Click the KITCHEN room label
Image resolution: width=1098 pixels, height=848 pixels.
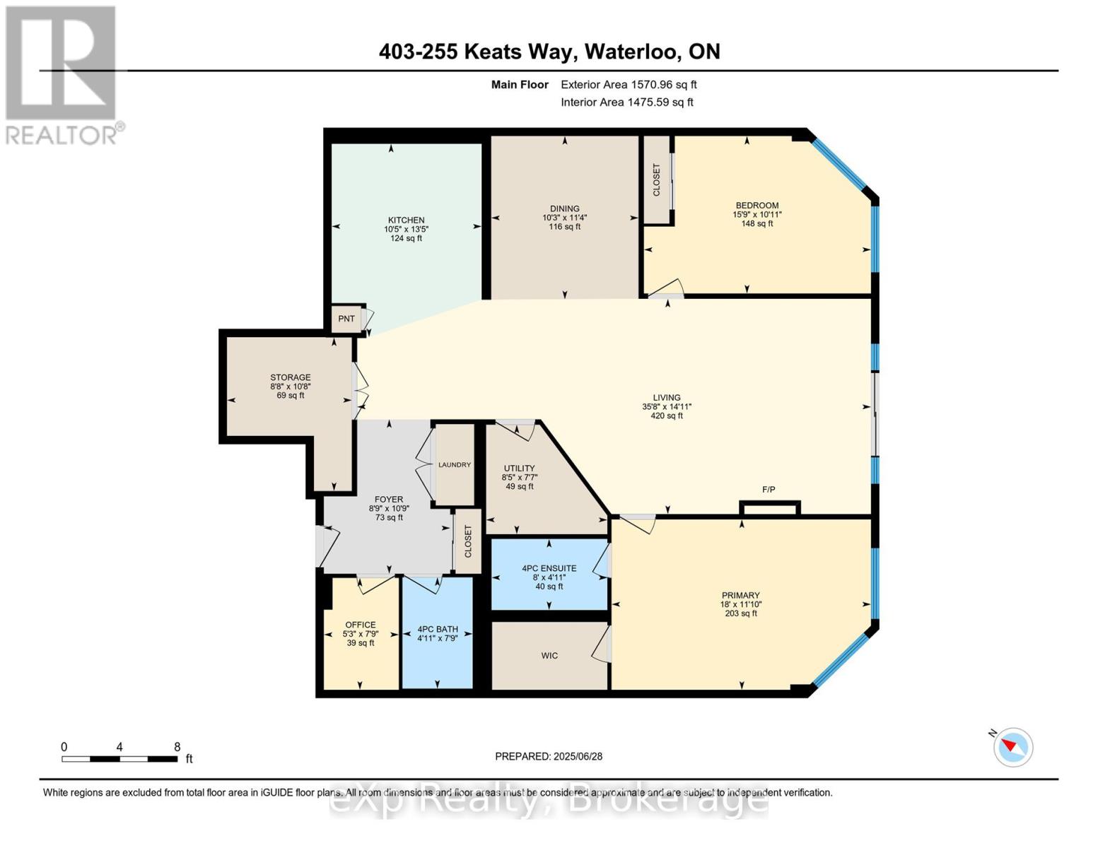tap(406, 220)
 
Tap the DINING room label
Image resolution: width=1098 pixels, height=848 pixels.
tap(564, 208)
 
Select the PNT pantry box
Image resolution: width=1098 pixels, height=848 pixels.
tap(346, 319)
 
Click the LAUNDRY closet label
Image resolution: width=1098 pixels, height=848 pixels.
tap(454, 464)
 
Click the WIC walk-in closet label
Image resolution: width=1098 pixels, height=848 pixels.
tap(549, 656)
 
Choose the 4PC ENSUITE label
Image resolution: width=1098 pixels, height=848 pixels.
tap(549, 568)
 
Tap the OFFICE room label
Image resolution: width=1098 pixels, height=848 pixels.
tap(360, 625)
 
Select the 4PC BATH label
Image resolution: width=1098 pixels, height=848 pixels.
tap(438, 629)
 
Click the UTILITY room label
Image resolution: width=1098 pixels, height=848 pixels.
tap(519, 468)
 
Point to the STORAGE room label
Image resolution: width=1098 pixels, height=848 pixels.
tap(290, 377)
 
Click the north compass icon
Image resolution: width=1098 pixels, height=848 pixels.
tap(1012, 747)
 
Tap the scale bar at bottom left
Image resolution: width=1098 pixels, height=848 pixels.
tap(119, 759)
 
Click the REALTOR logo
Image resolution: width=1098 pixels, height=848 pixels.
tap(62, 74)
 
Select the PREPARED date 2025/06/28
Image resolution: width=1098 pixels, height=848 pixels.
tap(549, 756)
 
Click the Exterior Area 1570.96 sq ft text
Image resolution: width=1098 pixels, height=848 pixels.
tap(629, 85)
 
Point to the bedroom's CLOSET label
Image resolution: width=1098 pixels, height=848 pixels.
tap(656, 180)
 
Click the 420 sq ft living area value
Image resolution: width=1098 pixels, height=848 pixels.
tap(666, 416)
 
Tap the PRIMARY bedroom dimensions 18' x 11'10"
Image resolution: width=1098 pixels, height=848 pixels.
tap(740, 604)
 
